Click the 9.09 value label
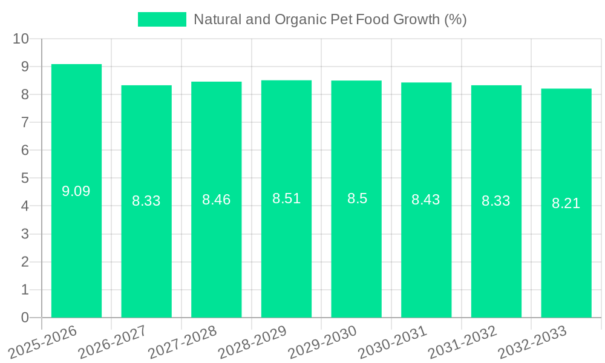pos(76,192)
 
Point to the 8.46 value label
pos(217,200)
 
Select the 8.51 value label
pos(286,199)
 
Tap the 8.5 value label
pos(357,199)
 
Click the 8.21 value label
pos(566,204)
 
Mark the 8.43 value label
pos(426,200)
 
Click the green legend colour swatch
pos(162,19)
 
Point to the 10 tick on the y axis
pos(21,39)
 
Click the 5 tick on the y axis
pos(25,178)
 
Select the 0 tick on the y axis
pos(25,318)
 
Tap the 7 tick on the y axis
pos(25,122)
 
